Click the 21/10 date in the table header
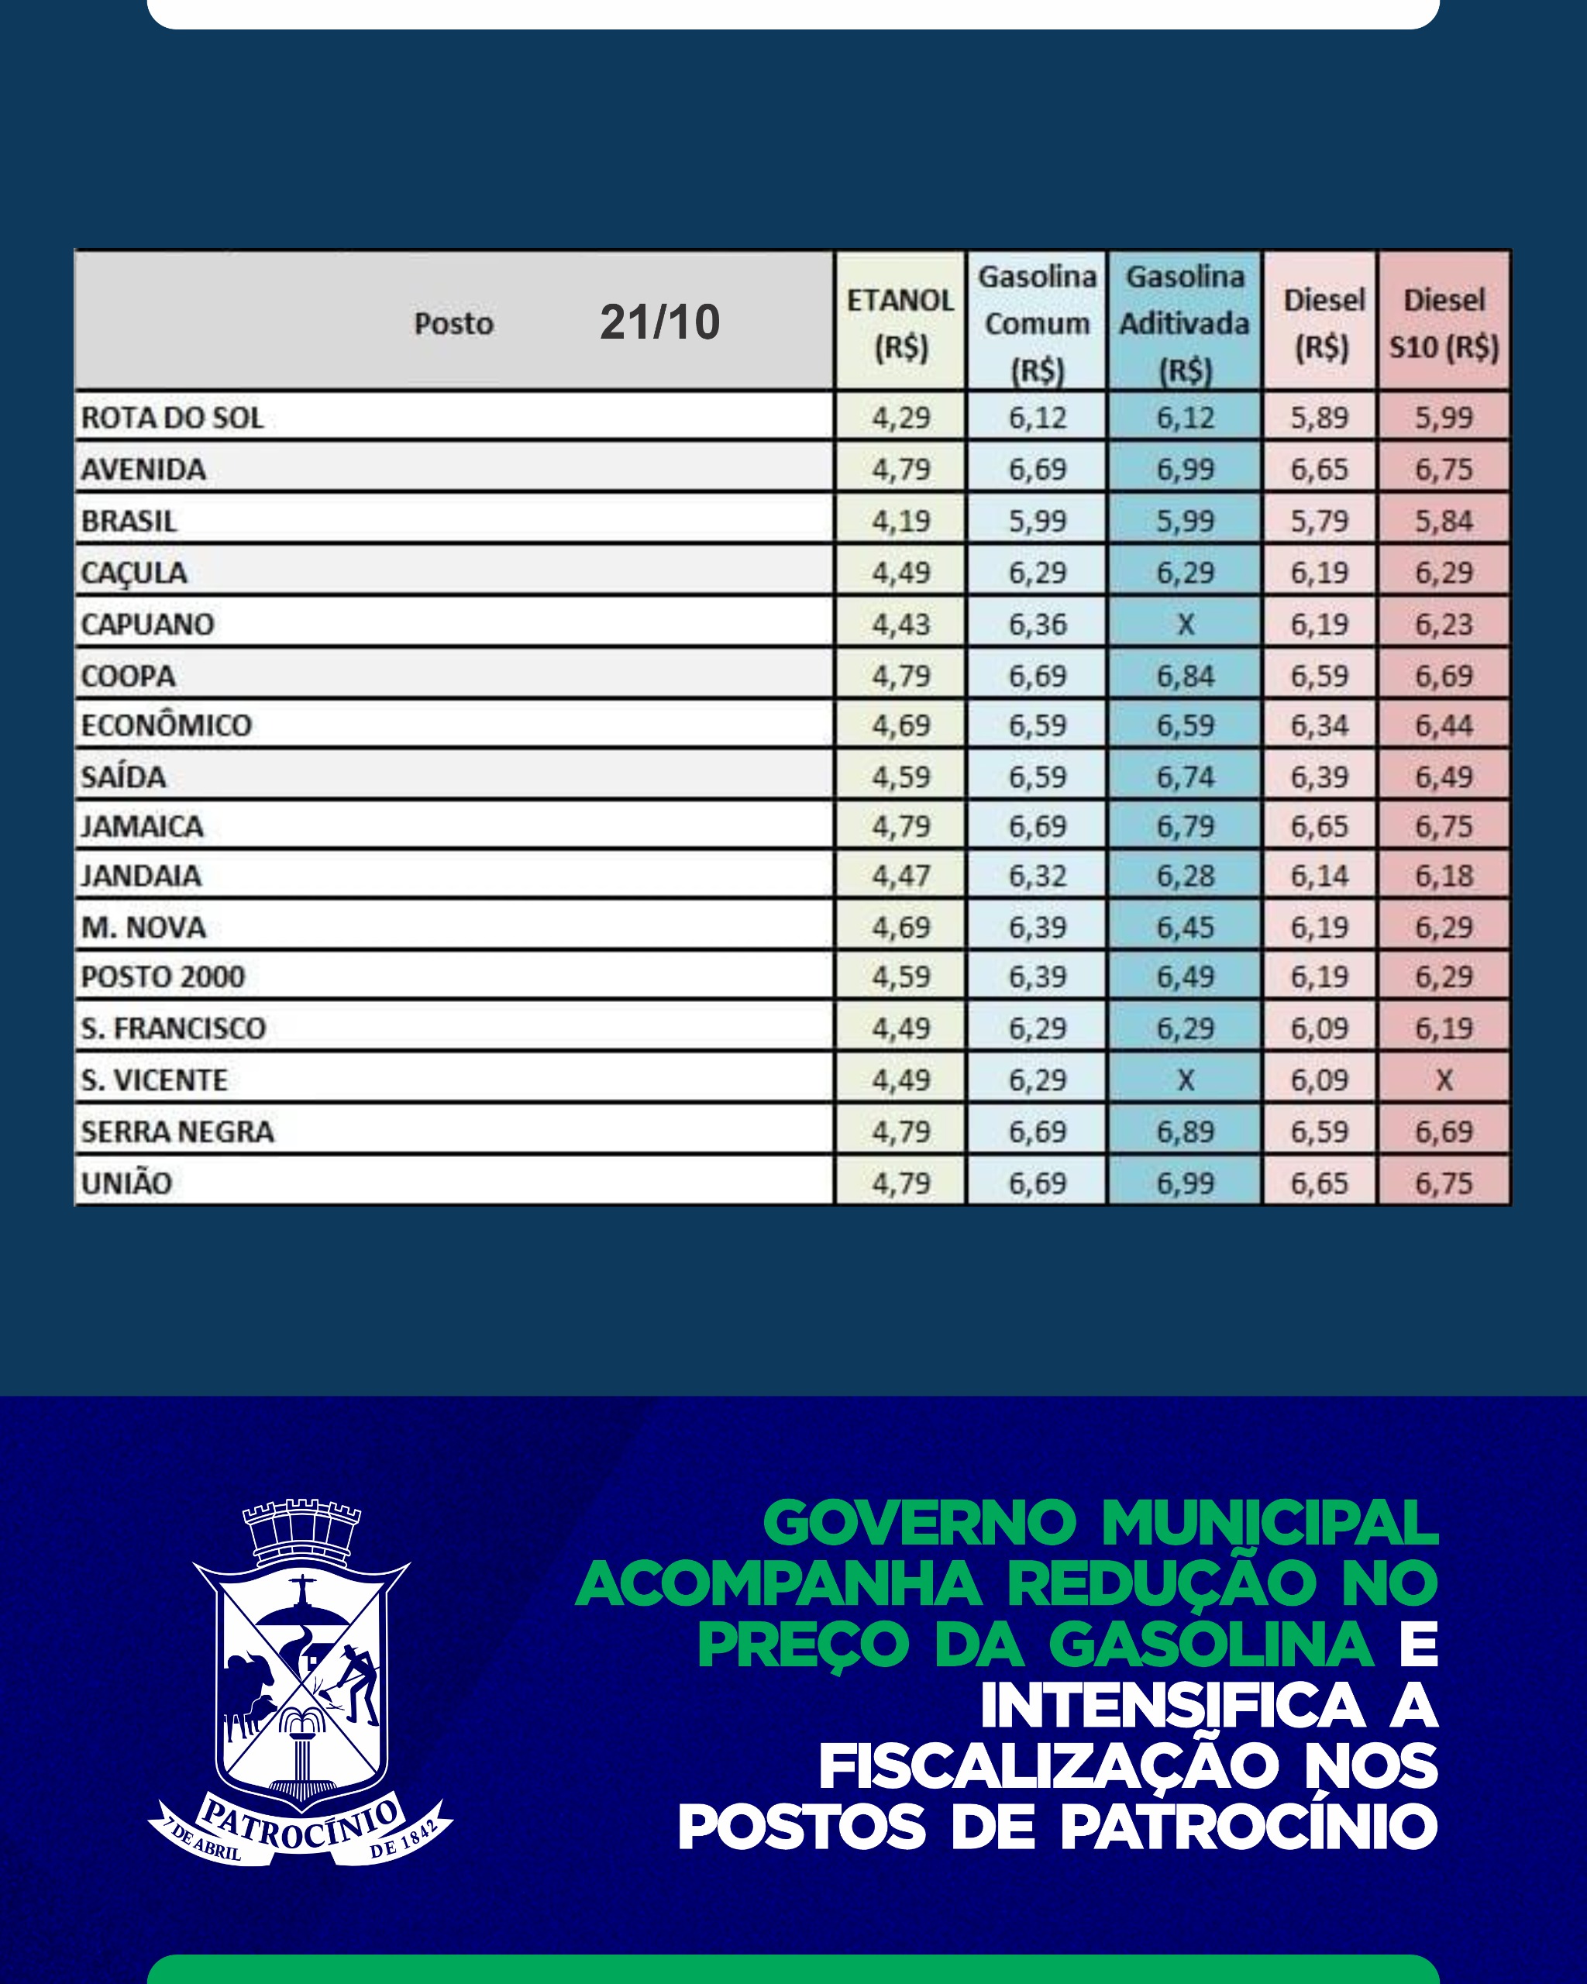tap(659, 322)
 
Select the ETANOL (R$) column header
tap(900, 323)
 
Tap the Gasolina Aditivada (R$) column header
tap(1184, 323)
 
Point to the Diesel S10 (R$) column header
tap(1444, 323)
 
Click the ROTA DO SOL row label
tap(172, 418)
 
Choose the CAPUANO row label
tap(147, 624)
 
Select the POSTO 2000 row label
tap(163, 976)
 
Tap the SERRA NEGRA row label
tap(177, 1131)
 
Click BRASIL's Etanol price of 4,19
tap(900, 521)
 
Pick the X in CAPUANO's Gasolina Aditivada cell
tap(1185, 624)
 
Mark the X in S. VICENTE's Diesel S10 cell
tap(1444, 1080)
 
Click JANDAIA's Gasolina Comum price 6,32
tap(1037, 875)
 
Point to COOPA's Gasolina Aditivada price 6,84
tap(1185, 676)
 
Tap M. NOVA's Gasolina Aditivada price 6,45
tap(1185, 927)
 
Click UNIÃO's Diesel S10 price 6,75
tap(1444, 1183)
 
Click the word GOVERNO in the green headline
tap(919, 1523)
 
